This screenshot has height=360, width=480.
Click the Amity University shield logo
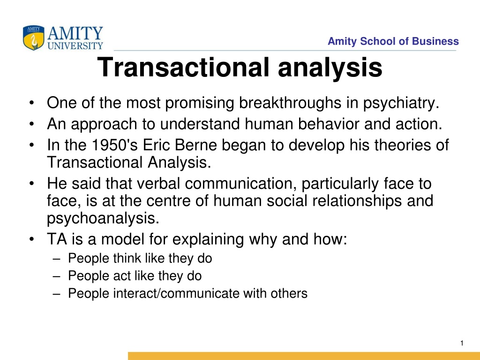33,37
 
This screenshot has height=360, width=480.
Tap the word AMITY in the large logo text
75,33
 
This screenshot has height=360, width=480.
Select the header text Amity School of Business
393,41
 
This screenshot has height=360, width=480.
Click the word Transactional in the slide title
183,67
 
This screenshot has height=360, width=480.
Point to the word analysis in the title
330,68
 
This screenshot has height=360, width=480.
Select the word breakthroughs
290,103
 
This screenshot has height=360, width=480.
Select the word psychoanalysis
103,219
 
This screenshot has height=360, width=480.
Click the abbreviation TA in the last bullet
57,239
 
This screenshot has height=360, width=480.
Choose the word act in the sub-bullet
122,276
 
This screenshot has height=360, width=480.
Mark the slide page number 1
462,343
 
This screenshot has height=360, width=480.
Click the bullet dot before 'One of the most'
31,103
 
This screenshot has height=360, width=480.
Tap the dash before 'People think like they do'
56,259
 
